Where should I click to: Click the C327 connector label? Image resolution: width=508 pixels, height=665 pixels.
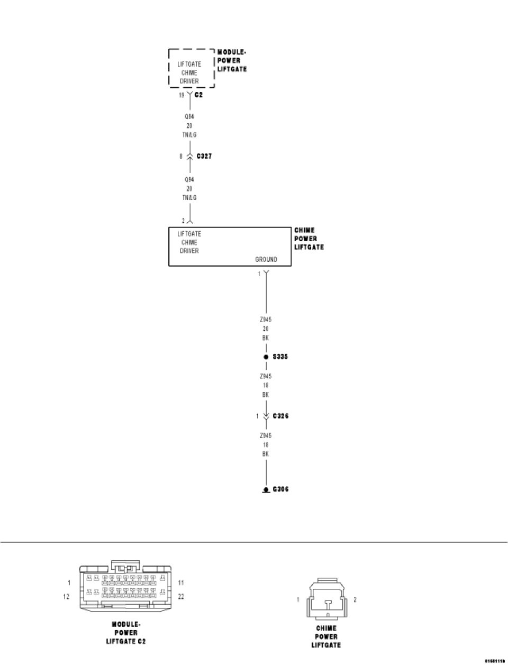pyautogui.click(x=204, y=156)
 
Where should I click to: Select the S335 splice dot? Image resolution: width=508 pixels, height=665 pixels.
pyautogui.click(x=266, y=357)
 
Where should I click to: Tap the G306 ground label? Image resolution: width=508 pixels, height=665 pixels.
pyautogui.click(x=280, y=489)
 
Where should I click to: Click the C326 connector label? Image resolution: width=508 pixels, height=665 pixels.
pyautogui.click(x=280, y=416)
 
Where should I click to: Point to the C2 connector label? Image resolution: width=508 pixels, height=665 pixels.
pyautogui.click(x=198, y=95)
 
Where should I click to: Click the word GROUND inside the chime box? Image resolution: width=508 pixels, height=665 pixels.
pyautogui.click(x=266, y=259)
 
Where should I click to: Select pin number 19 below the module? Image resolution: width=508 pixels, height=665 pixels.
pyautogui.click(x=181, y=95)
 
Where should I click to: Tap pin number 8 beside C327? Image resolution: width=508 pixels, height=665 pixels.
pyautogui.click(x=181, y=156)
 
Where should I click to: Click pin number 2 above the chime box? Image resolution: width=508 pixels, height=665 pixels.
pyautogui.click(x=183, y=221)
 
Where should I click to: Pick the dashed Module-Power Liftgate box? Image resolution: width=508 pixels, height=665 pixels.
pyautogui.click(x=192, y=68)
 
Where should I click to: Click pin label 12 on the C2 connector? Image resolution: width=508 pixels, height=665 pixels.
pyautogui.click(x=67, y=597)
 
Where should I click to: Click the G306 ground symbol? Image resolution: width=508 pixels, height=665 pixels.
pyautogui.click(x=266, y=490)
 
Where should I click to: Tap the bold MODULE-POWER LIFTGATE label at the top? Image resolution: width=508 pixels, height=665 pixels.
pyautogui.click(x=232, y=60)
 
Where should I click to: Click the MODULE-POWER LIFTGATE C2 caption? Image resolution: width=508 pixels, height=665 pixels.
pyautogui.click(x=125, y=633)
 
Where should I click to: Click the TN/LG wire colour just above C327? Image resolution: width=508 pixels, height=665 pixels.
pyautogui.click(x=189, y=135)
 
